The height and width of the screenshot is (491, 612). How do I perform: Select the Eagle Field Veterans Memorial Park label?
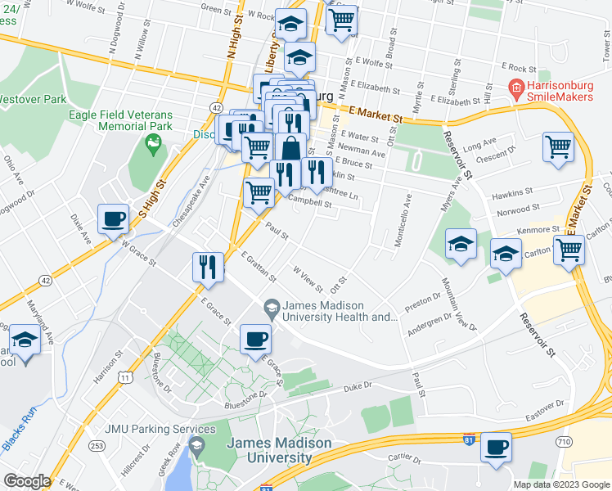pos(122,120)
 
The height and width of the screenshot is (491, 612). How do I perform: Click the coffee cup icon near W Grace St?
pos(113,219)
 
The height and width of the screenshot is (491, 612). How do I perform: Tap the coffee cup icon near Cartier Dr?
pos(495,447)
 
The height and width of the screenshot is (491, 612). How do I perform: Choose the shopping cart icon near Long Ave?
pos(559,148)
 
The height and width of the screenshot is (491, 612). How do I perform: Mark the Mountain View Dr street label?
pos(459,304)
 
